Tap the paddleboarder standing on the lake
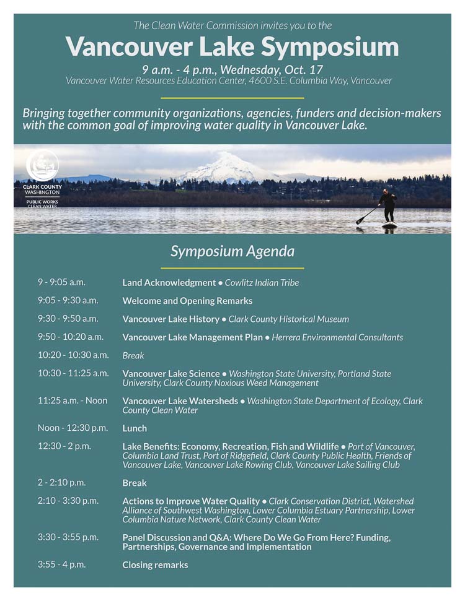(x=388, y=207)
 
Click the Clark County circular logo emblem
(x=42, y=165)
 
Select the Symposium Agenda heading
(x=232, y=251)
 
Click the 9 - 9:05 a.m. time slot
(x=61, y=282)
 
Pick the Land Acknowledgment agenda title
(x=169, y=283)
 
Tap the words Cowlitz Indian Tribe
(x=262, y=283)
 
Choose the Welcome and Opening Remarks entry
(x=187, y=301)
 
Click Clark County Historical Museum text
(x=289, y=319)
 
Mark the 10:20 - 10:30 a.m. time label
(x=73, y=355)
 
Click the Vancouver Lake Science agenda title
(x=171, y=374)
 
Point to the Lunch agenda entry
(x=135, y=428)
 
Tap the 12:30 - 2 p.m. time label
(x=64, y=446)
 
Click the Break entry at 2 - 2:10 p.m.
(x=135, y=483)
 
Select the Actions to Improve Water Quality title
(x=191, y=501)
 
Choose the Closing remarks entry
(x=155, y=565)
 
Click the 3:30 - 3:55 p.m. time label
(x=68, y=537)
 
